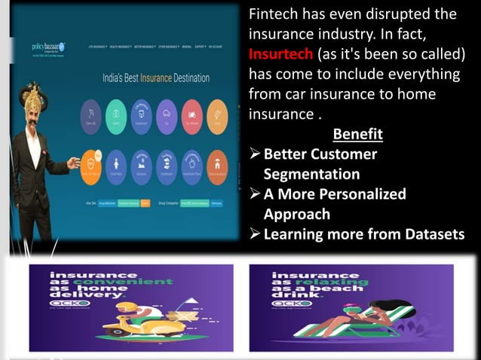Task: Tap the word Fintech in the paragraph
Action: [277, 14]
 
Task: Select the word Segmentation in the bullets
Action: [311, 174]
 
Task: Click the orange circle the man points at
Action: [90, 161]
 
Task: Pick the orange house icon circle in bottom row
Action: [217, 161]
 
